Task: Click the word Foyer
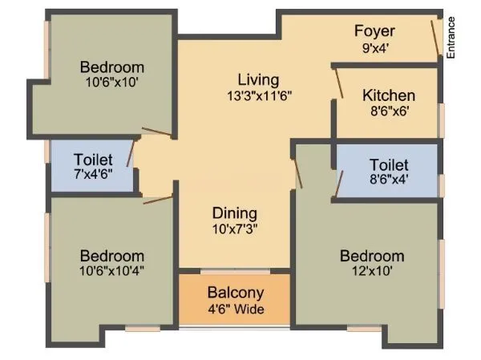coord(375,32)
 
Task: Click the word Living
coord(258,80)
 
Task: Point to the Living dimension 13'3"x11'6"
coord(258,95)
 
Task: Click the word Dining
coord(235,213)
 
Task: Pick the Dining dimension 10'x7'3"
coord(235,229)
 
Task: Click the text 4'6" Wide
coord(235,309)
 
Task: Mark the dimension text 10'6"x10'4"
coord(112,271)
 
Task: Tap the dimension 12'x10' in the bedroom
coord(371,272)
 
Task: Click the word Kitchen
coord(389,95)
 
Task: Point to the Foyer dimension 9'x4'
coord(375,47)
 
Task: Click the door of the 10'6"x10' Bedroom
coord(156,131)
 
